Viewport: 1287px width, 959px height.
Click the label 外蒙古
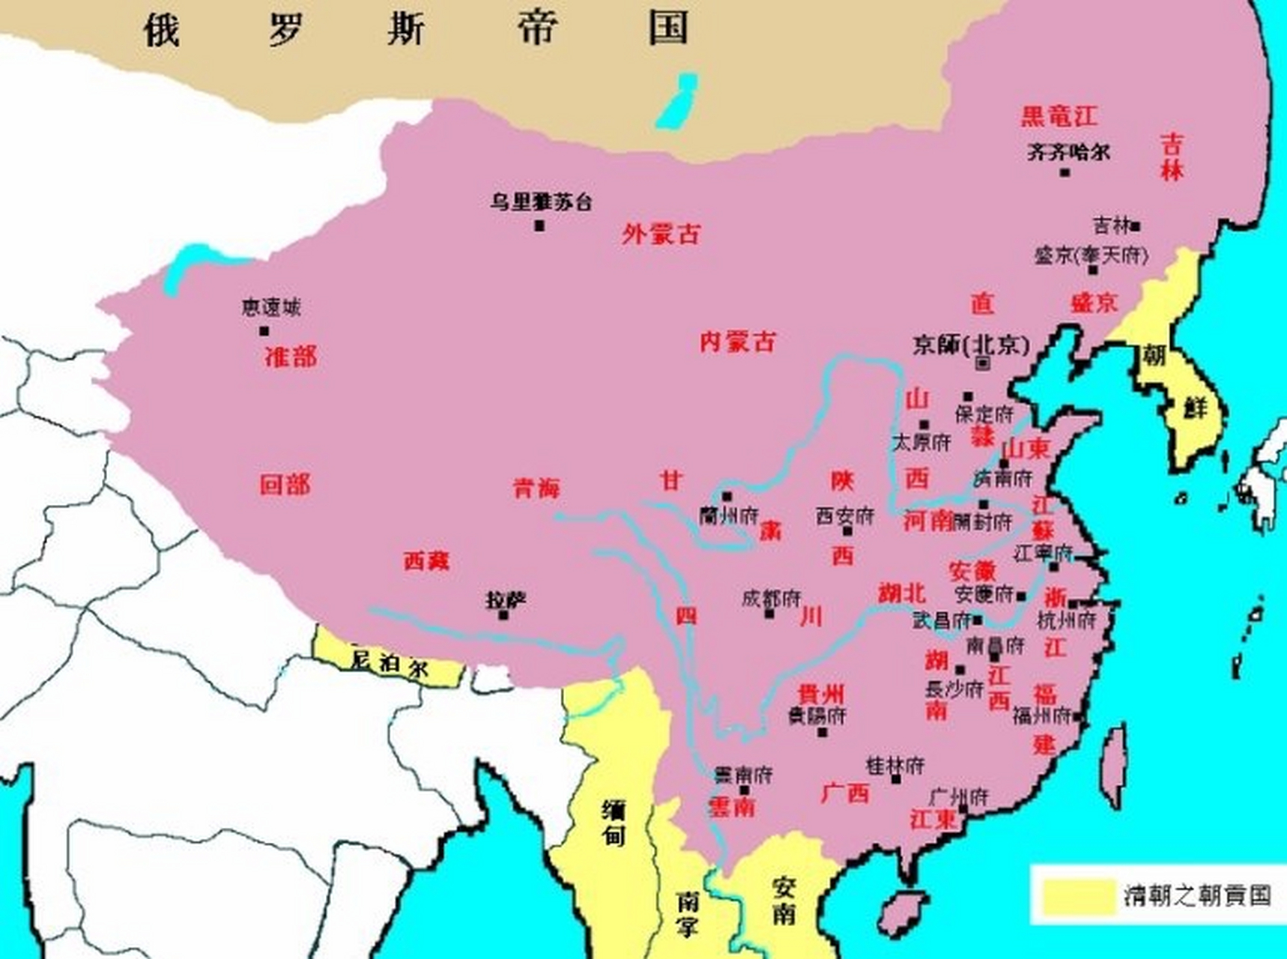(661, 235)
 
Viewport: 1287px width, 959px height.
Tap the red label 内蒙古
(737, 342)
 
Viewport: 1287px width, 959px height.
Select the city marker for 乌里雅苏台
(539, 226)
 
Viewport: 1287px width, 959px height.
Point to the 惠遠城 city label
(271, 307)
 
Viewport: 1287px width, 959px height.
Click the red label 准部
(291, 356)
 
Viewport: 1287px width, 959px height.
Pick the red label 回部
(285, 485)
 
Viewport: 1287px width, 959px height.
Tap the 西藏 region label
(426, 560)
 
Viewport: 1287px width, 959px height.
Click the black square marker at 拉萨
(503, 615)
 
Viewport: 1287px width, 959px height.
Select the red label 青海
(536, 488)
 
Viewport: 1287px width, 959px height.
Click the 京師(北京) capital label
(971, 345)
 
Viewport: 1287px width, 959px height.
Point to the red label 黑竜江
(1059, 116)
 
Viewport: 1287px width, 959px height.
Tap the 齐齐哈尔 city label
(1068, 152)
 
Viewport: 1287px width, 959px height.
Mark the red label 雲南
(731, 807)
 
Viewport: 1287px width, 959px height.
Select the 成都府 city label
(771, 599)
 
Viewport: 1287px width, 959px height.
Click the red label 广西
(845, 793)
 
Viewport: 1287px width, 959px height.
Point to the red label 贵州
(821, 693)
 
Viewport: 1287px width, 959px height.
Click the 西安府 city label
(844, 515)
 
